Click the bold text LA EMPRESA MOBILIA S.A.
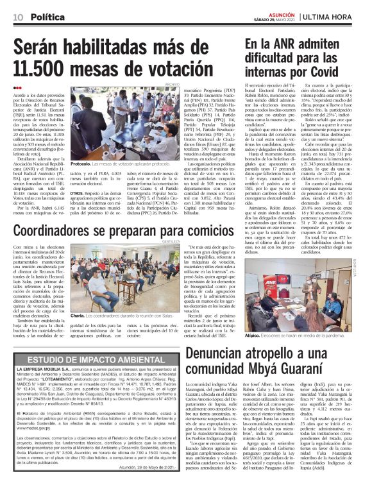60,370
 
